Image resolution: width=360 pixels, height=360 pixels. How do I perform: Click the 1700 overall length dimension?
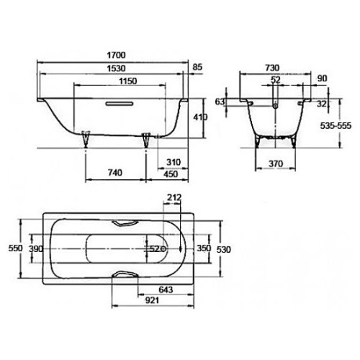point(116,55)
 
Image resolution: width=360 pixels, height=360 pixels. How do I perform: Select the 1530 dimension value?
point(116,68)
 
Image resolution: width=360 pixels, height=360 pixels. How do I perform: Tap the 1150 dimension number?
point(128,81)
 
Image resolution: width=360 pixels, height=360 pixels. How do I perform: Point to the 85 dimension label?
point(197,67)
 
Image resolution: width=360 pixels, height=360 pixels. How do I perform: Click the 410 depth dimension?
point(201,117)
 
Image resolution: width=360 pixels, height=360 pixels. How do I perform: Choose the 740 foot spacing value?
point(115,173)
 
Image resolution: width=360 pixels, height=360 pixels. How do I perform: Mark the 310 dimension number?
point(174,162)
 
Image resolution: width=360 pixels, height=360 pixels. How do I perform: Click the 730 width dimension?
point(272,68)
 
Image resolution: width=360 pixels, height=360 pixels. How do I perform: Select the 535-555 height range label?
point(336,125)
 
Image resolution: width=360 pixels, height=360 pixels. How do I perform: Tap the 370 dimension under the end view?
point(276,163)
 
